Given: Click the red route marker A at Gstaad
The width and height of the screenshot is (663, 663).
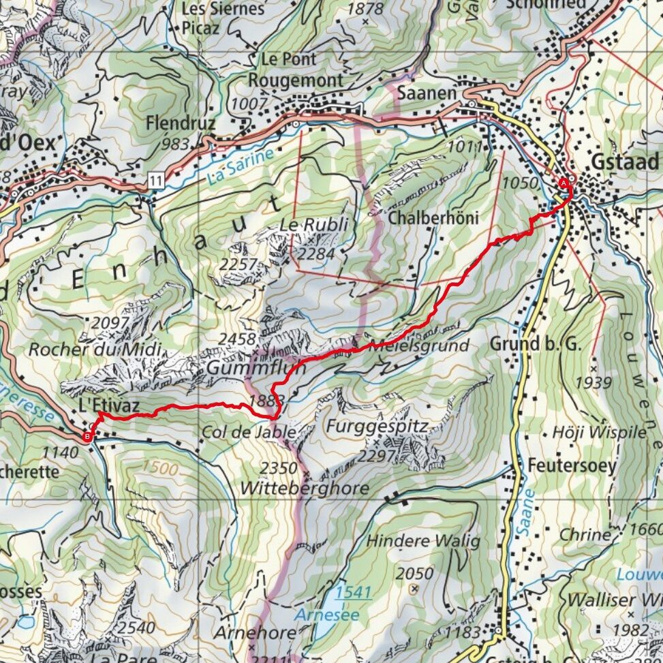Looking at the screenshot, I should (x=564, y=183).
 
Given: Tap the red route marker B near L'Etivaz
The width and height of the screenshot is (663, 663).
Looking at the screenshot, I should (x=87, y=437).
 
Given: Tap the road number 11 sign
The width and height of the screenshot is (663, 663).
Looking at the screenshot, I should (x=157, y=181).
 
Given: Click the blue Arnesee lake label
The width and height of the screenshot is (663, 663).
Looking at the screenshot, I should (x=319, y=615).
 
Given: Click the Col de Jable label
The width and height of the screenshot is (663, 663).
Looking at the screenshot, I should (x=249, y=432).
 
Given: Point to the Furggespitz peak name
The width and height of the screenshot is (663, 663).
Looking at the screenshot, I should (x=377, y=427).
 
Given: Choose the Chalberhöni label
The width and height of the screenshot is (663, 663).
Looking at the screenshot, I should (x=433, y=219).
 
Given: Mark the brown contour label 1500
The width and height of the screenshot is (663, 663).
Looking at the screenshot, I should (x=160, y=468).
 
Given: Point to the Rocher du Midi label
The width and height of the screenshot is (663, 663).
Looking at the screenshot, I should (x=95, y=350).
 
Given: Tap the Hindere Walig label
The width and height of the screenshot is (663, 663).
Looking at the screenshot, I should (x=423, y=541).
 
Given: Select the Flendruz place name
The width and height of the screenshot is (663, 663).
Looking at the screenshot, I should (x=180, y=124).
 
